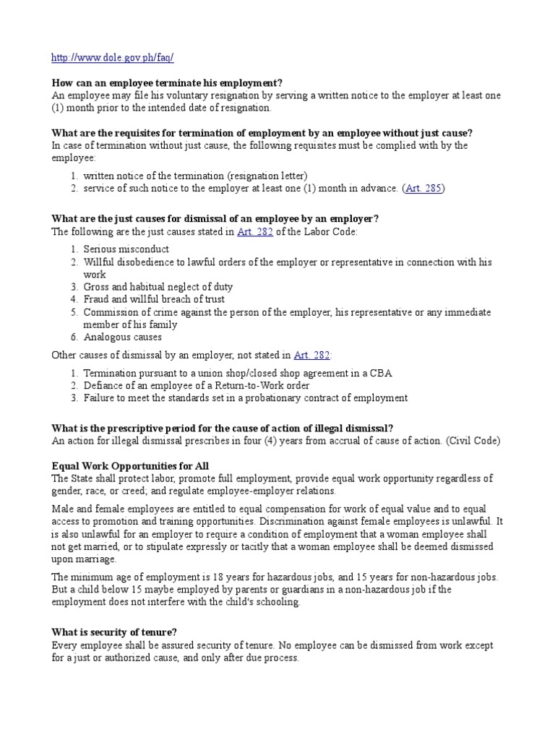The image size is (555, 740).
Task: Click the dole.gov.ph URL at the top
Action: pyautogui.click(x=113, y=57)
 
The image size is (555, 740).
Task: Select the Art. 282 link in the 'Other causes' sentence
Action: pyautogui.click(x=311, y=356)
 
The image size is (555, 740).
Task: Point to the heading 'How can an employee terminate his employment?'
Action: pyautogui.click(x=167, y=83)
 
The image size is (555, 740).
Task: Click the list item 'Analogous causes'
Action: pyautogui.click(x=123, y=337)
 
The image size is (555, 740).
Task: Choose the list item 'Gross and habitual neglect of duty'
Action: pyautogui.click(x=158, y=287)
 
